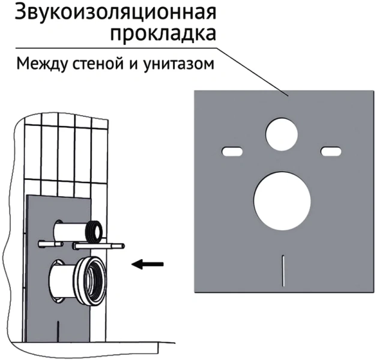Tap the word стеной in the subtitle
click(94, 64)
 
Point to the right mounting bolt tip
click(122, 245)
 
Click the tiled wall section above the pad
click(66, 150)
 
